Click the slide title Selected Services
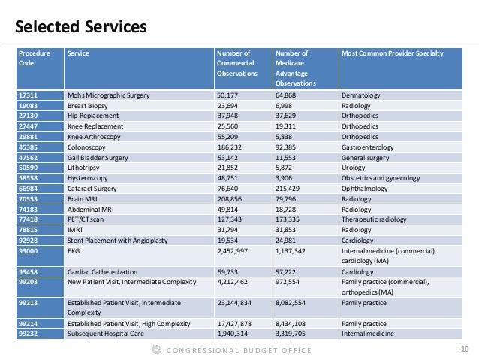(81, 28)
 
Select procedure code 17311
(30, 96)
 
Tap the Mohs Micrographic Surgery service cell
(109, 96)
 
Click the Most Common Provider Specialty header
(392, 53)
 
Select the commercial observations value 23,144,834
(237, 303)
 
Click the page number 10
(462, 349)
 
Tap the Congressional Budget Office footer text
(239, 349)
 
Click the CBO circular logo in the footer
(156, 349)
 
